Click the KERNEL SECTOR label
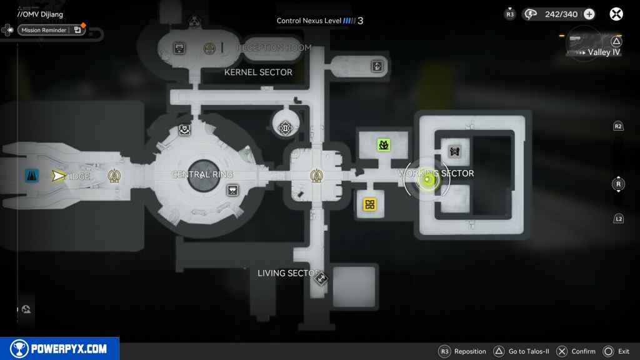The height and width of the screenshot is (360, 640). pyautogui.click(x=258, y=72)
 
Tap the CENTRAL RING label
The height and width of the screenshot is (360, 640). pyautogui.click(x=202, y=174)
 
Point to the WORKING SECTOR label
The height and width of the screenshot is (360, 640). pyautogui.click(x=436, y=173)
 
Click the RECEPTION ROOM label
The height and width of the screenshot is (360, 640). pyautogui.click(x=274, y=48)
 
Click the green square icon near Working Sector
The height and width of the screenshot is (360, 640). pyautogui.click(x=383, y=146)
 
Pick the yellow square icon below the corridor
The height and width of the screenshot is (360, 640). pyautogui.click(x=369, y=204)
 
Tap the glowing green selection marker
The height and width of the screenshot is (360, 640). pyautogui.click(x=427, y=181)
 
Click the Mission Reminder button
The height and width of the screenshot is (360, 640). pyautogui.click(x=51, y=29)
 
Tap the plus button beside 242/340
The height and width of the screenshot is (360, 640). pyautogui.click(x=589, y=14)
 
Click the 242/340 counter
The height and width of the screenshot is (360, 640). pyautogui.click(x=561, y=14)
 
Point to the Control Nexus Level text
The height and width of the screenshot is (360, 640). pyautogui.click(x=309, y=21)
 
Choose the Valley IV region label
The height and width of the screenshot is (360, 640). pyautogui.click(x=604, y=52)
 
